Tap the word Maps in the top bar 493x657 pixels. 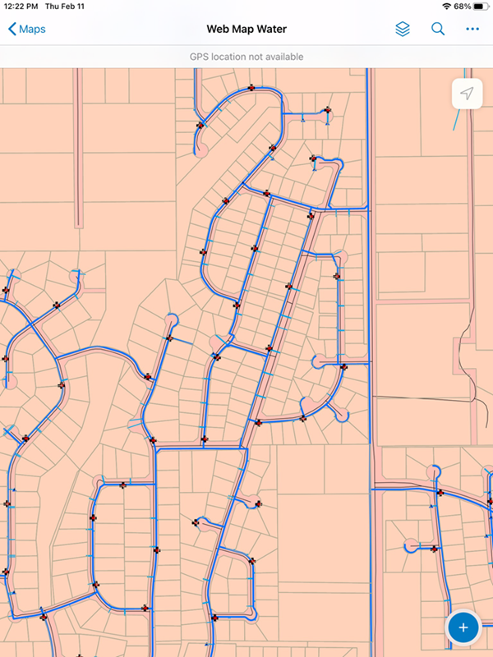coord(33,30)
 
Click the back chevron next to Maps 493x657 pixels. coord(12,30)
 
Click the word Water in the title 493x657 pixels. coord(270,30)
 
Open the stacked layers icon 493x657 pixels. coord(403,30)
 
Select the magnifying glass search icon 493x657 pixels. coord(438,30)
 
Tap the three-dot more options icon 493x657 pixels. coord(472,30)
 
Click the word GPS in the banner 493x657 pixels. coord(200,57)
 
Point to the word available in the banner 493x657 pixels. coord(282,57)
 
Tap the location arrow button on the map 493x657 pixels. coord(467,94)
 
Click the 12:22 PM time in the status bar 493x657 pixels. coord(21,6)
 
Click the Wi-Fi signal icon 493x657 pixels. coord(446,6)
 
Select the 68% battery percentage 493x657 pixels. coord(462,6)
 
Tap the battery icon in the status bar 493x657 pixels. coord(481,6)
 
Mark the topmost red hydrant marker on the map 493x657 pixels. coord(251,88)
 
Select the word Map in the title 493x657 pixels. coord(243,30)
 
